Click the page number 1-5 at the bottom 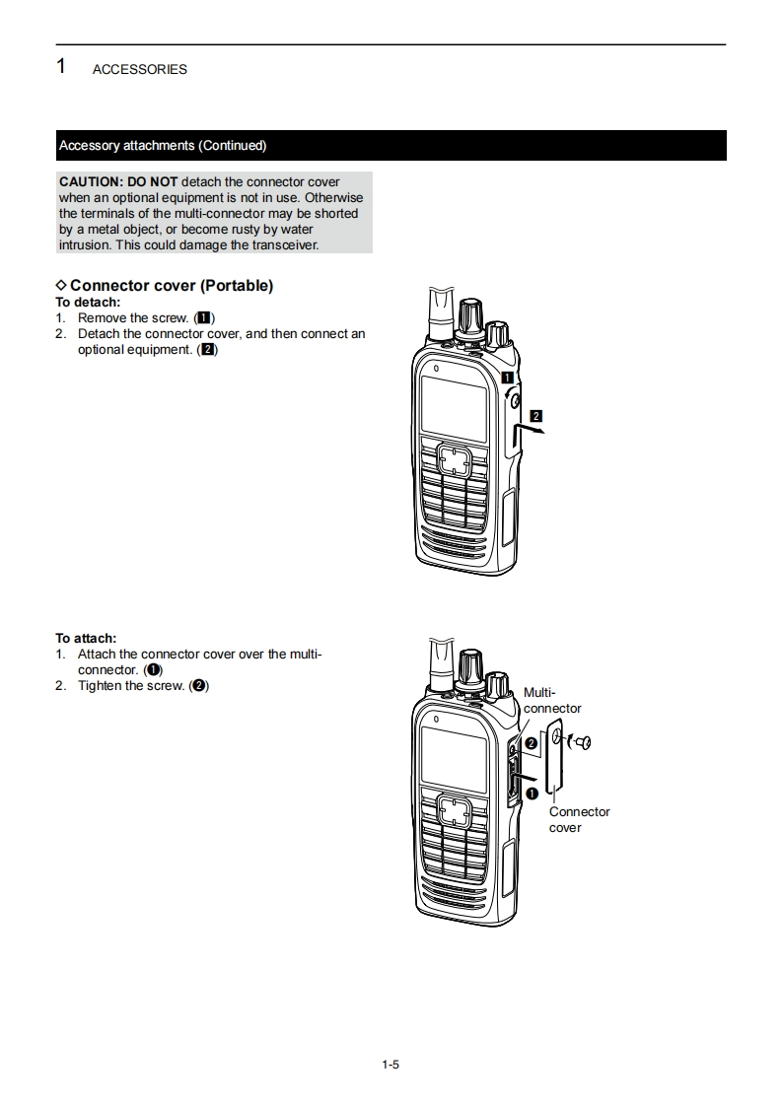coord(391,1065)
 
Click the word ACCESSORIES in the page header coord(139,70)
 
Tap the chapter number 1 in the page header coord(61,67)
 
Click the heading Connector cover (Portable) coord(171,286)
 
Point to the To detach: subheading coord(88,303)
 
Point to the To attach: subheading coord(86,639)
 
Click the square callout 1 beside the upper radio coord(507,378)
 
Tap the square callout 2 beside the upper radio coord(535,415)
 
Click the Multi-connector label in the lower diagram coord(551,701)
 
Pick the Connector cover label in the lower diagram coord(579,819)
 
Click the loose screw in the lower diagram coord(580,742)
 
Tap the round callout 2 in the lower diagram coord(532,743)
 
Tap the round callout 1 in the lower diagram coord(531,793)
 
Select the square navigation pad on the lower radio coord(454,811)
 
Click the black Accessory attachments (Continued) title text coord(163,146)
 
